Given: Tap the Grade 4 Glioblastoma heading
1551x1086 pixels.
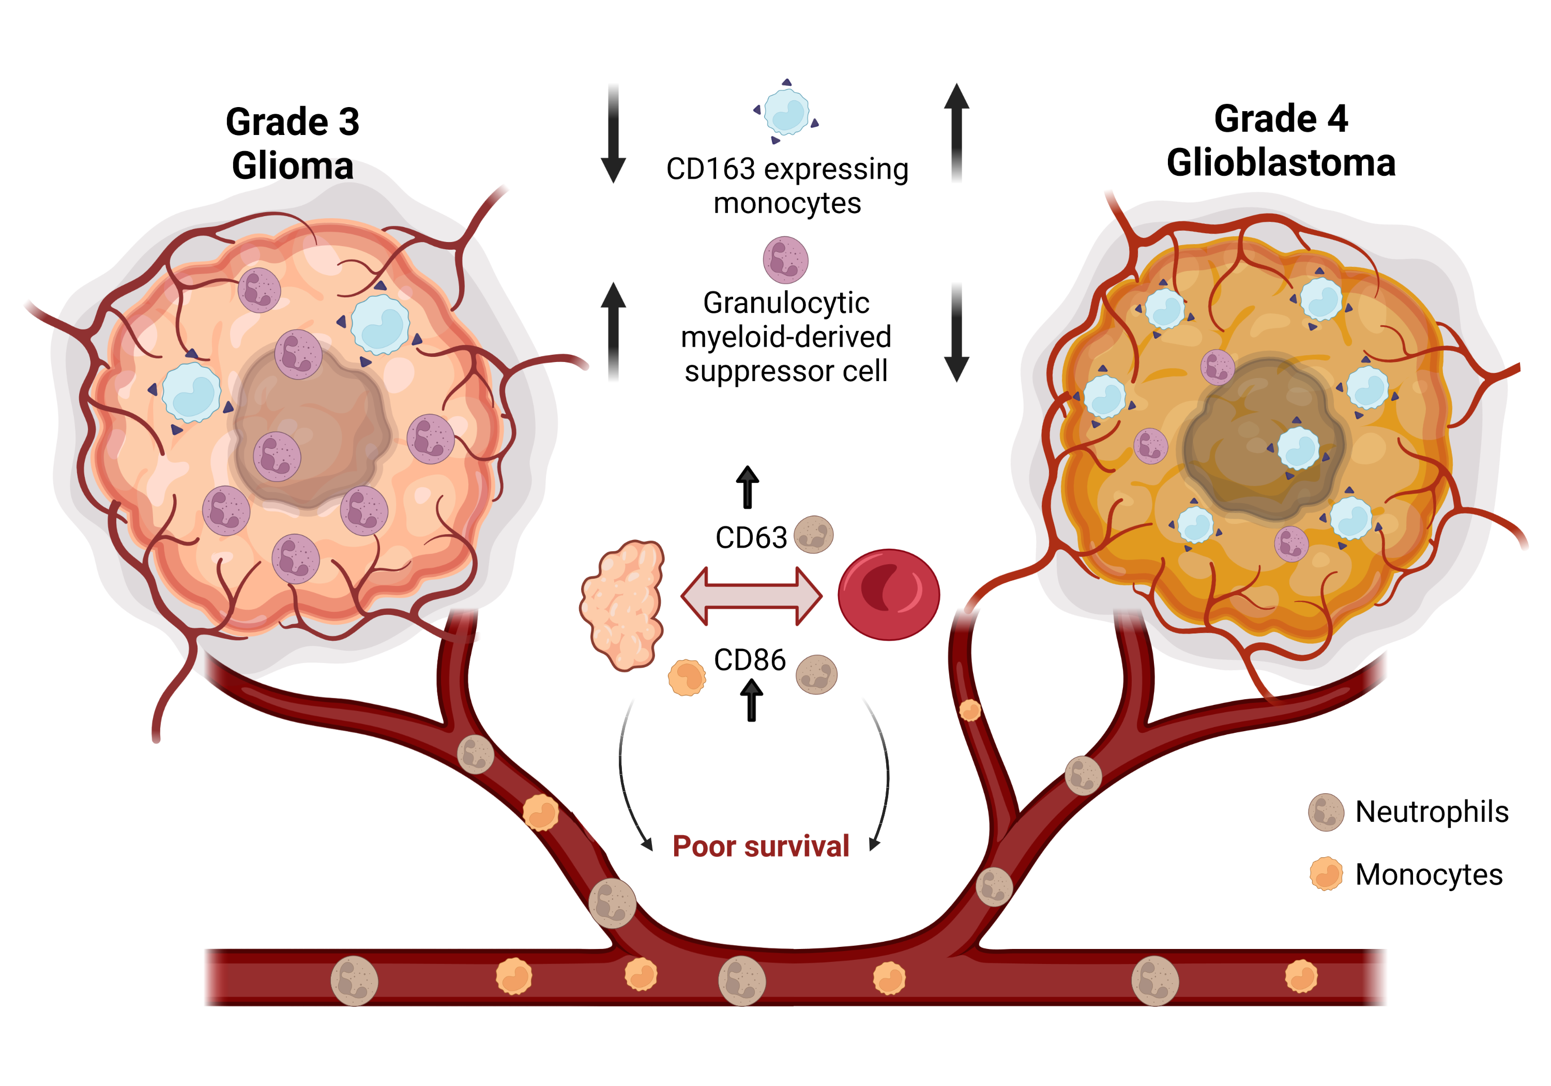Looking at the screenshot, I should click(1280, 141).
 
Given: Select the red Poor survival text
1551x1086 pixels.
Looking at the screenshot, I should click(761, 846).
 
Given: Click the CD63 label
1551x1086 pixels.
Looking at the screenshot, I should click(751, 538).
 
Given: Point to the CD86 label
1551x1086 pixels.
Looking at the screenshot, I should click(750, 659).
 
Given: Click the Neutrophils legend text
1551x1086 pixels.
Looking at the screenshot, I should click(1432, 811).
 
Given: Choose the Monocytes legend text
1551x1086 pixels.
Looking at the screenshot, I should click(1429, 874).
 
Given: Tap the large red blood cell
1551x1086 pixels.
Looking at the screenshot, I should click(888, 594).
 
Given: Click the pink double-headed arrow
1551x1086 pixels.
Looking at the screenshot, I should click(751, 595).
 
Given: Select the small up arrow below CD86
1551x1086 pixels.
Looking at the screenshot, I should click(751, 700).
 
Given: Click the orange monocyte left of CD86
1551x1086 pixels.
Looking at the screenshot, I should click(687, 677).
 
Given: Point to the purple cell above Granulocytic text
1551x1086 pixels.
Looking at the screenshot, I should click(785, 260).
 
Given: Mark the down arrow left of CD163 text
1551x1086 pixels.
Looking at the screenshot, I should click(613, 134).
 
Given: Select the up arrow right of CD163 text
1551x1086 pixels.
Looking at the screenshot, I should click(956, 132).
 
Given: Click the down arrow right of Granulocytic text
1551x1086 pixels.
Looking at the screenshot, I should click(956, 333).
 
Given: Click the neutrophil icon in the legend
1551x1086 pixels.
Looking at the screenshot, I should click(1326, 811).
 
